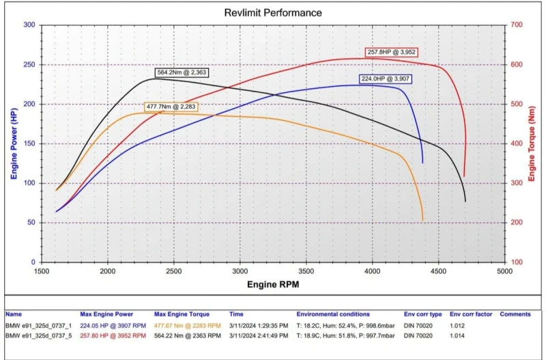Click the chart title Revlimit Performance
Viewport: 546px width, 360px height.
coord(273,13)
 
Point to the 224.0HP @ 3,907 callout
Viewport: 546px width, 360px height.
coord(386,79)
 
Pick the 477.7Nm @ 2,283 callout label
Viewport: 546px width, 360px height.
coord(172,107)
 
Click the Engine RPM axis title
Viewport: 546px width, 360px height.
coord(273,283)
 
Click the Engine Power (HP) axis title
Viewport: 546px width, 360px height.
coord(14,143)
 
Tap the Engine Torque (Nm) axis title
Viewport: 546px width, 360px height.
coord(532,143)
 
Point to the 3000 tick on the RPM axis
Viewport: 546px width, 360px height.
coord(240,271)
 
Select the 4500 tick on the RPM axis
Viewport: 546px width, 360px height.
coord(438,271)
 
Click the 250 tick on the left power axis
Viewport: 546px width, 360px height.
coord(29,65)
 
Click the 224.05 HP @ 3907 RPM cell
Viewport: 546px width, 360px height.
coord(113,326)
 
